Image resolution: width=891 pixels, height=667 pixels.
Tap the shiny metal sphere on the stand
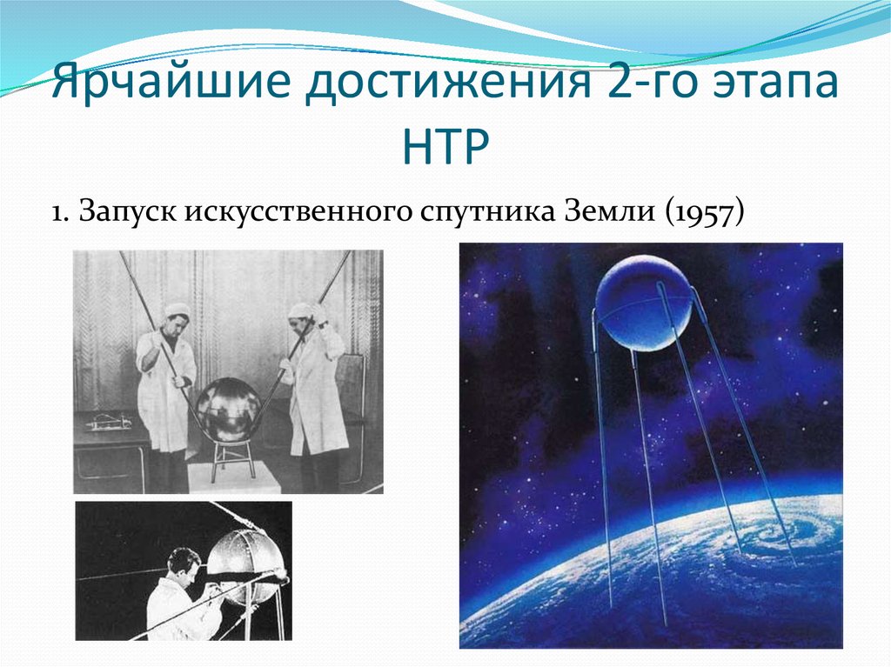pyautogui.click(x=228, y=408)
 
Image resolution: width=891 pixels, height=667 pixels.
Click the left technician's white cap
pyautogui.click(x=177, y=310)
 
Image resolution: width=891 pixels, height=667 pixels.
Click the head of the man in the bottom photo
pyautogui.click(x=184, y=563)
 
